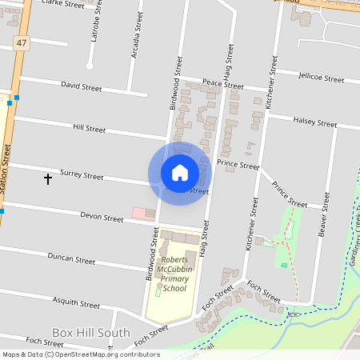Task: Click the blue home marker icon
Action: [180, 173]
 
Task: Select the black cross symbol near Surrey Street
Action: [47, 178]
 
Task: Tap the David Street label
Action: [81, 86]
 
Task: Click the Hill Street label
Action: [89, 128]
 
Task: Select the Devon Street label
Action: [101, 216]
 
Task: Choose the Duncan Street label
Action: [71, 259]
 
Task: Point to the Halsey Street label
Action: [314, 123]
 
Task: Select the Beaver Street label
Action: [324, 216]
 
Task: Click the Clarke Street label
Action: [62, 4]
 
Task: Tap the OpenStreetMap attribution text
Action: [80, 354]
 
